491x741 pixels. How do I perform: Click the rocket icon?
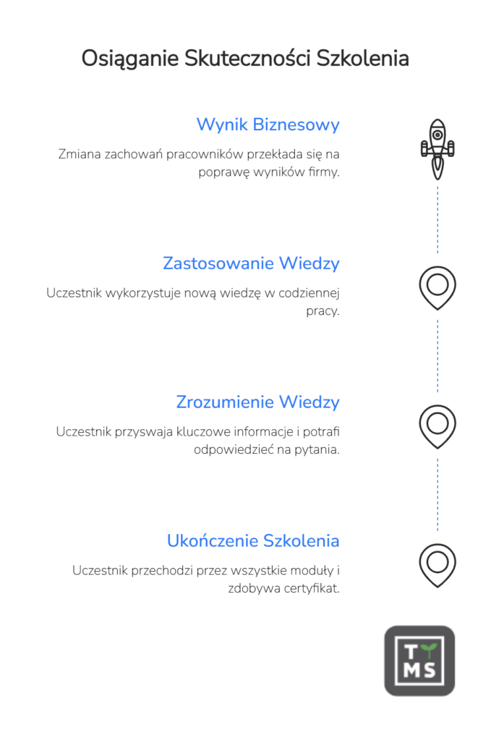[x=437, y=149]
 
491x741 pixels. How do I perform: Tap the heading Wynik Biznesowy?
[x=268, y=124]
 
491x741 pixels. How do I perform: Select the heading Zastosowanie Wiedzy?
[x=251, y=263]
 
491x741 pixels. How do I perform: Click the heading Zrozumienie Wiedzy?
[x=257, y=402]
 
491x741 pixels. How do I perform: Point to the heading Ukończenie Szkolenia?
[x=253, y=541]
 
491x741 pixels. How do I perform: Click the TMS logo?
[x=419, y=661]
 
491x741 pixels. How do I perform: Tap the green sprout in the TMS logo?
[x=429, y=650]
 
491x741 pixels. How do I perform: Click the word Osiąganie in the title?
[x=130, y=59]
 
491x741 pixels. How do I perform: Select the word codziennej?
[x=309, y=294]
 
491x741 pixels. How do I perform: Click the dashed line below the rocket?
[x=437, y=220]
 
